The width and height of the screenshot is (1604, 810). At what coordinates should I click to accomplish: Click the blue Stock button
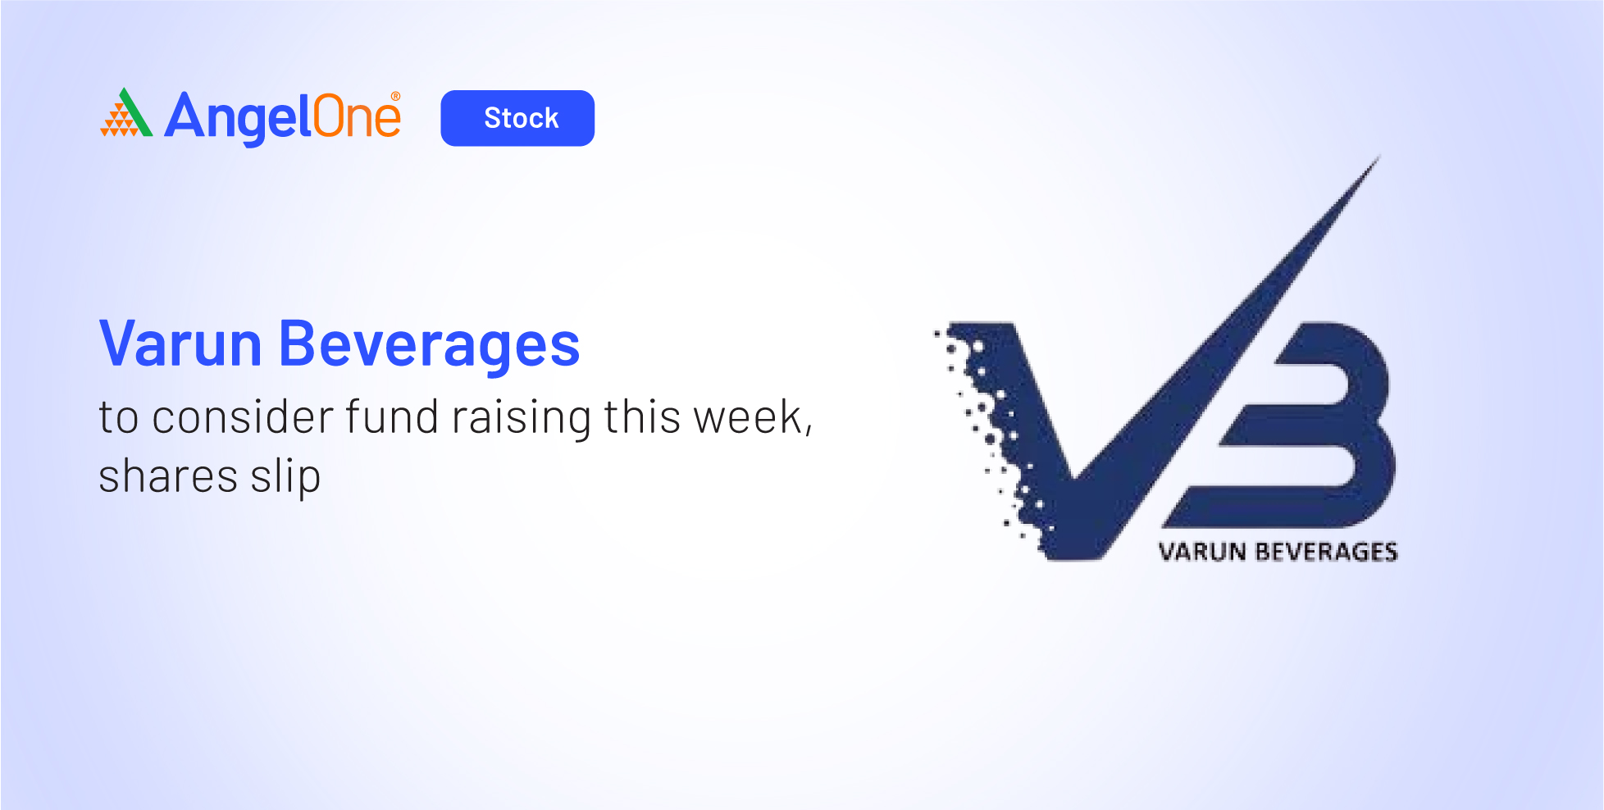517,118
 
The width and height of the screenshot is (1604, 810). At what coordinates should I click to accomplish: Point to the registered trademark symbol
395,97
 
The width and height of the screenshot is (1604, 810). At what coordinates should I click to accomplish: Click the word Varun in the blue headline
180,344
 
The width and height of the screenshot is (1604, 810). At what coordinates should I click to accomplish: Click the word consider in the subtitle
243,416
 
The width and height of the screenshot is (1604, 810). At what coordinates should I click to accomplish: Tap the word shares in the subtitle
169,476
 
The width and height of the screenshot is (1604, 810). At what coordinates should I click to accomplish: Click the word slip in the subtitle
285,477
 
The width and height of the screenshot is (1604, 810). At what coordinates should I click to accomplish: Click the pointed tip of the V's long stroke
1380,156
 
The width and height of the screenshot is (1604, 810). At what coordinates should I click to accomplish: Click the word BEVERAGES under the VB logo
1326,552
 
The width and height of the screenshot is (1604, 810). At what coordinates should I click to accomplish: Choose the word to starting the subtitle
119,418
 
